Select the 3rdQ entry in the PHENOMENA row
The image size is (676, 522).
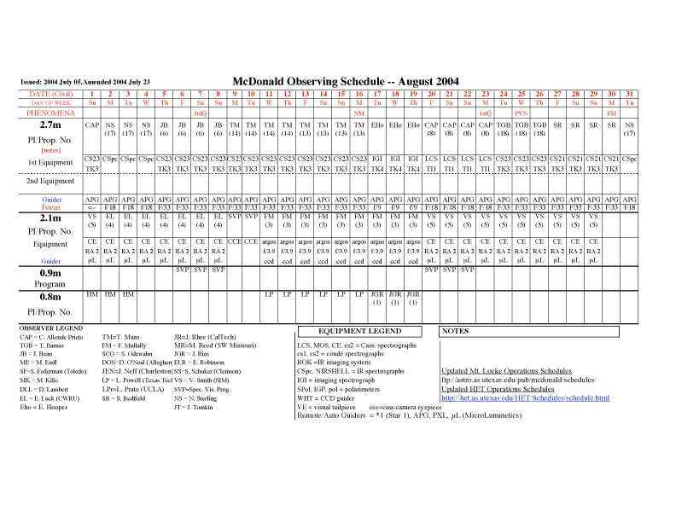pos(200,113)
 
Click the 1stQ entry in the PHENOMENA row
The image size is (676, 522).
pos(485,113)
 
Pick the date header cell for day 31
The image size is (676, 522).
pos(629,93)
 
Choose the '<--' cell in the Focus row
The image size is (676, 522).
pos(92,206)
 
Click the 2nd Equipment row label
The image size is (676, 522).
pos(51,181)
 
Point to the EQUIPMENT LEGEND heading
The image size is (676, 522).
pos(359,331)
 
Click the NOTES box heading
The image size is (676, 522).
pos(457,331)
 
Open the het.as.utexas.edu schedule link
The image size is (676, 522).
pos(525,397)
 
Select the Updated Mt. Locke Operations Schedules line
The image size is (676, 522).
pos(506,371)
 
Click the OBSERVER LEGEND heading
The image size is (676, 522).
pos(51,328)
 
